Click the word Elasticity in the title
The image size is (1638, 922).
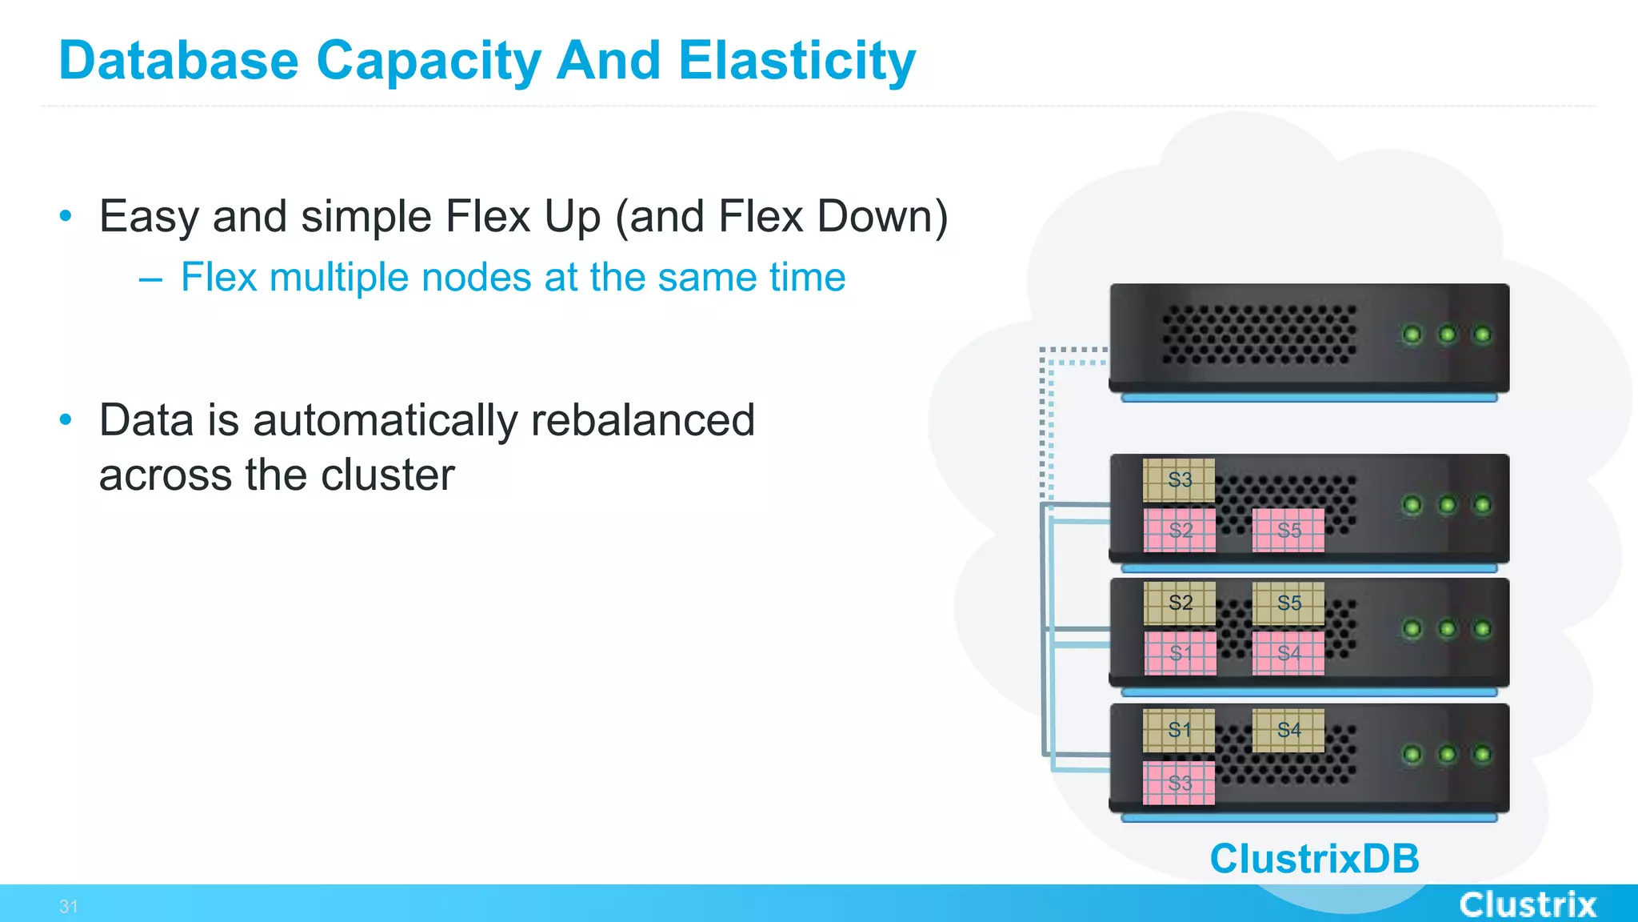[797, 61]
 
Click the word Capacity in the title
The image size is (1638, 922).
[429, 61]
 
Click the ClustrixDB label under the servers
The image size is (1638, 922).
[1314, 859]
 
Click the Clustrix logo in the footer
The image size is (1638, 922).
[1528, 904]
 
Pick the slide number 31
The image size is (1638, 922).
[69, 906]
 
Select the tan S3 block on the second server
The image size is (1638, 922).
[1179, 480]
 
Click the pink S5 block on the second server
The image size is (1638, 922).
[1288, 530]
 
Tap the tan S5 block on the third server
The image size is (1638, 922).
[1288, 603]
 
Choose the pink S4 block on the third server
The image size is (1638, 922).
[1288, 653]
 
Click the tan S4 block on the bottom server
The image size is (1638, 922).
[1288, 730]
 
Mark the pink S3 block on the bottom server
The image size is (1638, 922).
[1179, 783]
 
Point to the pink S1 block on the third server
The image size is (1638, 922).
[1180, 653]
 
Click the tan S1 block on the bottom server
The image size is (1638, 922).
[1179, 730]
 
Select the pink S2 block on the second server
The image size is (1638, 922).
[1180, 530]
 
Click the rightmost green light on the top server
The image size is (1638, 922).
[1482, 334]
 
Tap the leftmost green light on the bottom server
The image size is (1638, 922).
[1412, 754]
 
